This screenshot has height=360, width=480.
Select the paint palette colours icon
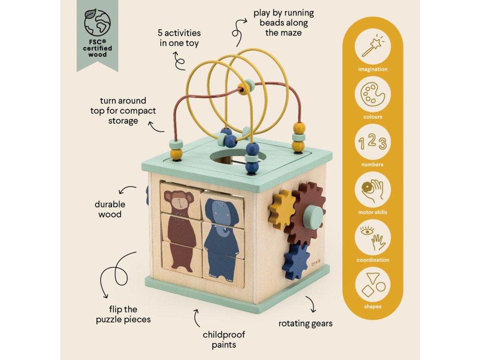coord(372,95)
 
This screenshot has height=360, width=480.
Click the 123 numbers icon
coord(372,143)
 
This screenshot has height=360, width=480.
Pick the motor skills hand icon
coord(372,190)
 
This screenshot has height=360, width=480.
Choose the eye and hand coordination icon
coord(372,238)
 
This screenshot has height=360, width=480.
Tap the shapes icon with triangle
coord(372,285)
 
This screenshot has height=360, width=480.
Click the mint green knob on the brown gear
coord(313,217)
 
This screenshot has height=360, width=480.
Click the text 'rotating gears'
coord(305,323)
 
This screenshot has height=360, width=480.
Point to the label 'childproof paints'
coord(224,340)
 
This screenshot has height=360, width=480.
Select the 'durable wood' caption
coord(110,210)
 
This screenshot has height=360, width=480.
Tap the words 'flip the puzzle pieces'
coord(124,314)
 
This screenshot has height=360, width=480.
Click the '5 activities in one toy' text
coord(179,38)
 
